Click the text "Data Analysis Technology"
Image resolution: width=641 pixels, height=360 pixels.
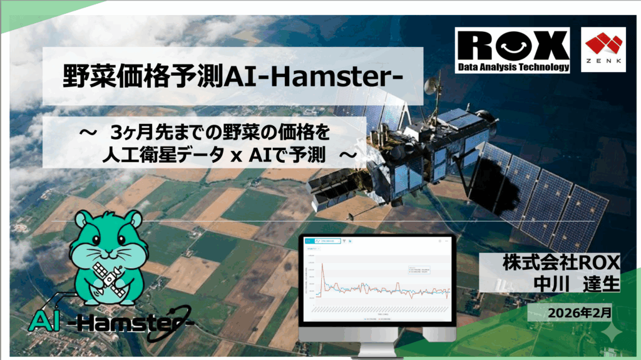coord(513,66)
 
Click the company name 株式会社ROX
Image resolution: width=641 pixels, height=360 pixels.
coord(561,262)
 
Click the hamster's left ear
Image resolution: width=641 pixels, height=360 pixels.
coord(81,221)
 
